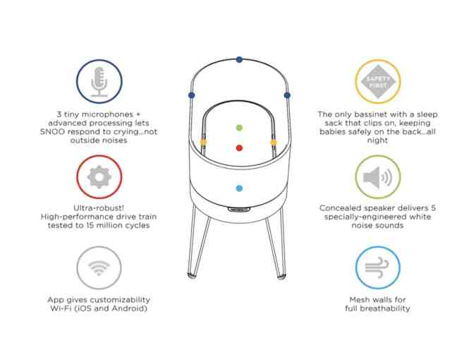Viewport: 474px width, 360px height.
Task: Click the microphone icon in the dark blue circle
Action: pyautogui.click(x=99, y=82)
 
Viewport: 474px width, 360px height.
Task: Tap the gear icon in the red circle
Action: pyautogui.click(x=99, y=176)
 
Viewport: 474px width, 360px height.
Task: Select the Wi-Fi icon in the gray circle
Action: pyautogui.click(x=99, y=269)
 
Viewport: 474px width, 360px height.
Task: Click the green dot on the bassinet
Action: pyautogui.click(x=240, y=128)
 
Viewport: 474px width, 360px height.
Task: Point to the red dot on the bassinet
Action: pyautogui.click(x=240, y=148)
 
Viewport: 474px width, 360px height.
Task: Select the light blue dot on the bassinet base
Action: pyautogui.click(x=240, y=188)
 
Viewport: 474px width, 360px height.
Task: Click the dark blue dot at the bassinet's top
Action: pyautogui.click(x=240, y=60)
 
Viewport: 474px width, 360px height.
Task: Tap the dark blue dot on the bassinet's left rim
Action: pyautogui.click(x=191, y=95)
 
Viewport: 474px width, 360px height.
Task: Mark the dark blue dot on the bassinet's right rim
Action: pyautogui.click(x=287, y=95)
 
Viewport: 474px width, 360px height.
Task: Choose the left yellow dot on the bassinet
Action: pyautogui.click(x=204, y=142)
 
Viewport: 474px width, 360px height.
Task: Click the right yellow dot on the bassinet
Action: pyautogui.click(x=274, y=142)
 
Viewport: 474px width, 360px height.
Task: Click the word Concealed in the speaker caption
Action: pyautogui.click(x=342, y=208)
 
